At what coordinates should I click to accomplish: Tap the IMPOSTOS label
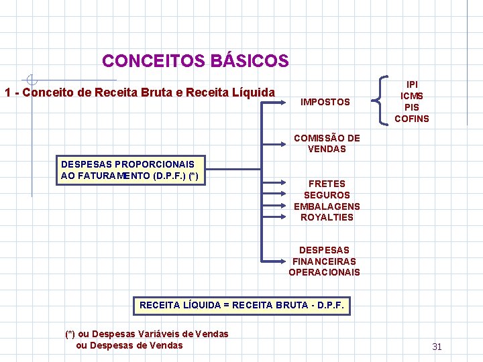pyautogui.click(x=325, y=102)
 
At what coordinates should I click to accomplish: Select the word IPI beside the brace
pyautogui.click(x=412, y=84)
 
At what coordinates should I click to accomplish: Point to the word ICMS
pyautogui.click(x=412, y=96)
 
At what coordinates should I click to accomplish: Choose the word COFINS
pyautogui.click(x=412, y=119)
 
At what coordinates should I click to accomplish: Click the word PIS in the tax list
pyautogui.click(x=412, y=107)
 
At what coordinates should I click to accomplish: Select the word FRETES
pyautogui.click(x=327, y=184)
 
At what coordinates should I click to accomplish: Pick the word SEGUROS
pyautogui.click(x=327, y=195)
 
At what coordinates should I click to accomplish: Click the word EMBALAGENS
pyautogui.click(x=327, y=206)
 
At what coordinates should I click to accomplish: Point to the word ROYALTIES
pyautogui.click(x=327, y=217)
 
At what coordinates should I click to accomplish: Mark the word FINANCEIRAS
pyautogui.click(x=325, y=261)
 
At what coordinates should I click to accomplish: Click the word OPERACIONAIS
pyautogui.click(x=325, y=272)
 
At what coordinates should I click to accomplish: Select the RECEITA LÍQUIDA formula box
pyautogui.click(x=241, y=306)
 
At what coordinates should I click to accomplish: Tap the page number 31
pyautogui.click(x=437, y=347)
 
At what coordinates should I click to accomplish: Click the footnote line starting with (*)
pyautogui.click(x=146, y=334)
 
